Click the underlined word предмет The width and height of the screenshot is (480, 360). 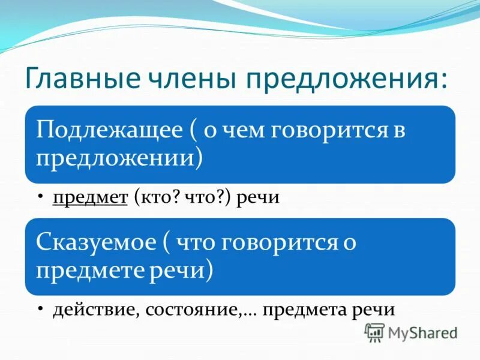[89, 198]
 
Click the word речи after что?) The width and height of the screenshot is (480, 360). [257, 198]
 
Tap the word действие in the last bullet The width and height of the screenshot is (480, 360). [90, 310]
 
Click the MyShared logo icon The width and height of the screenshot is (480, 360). [374, 332]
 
